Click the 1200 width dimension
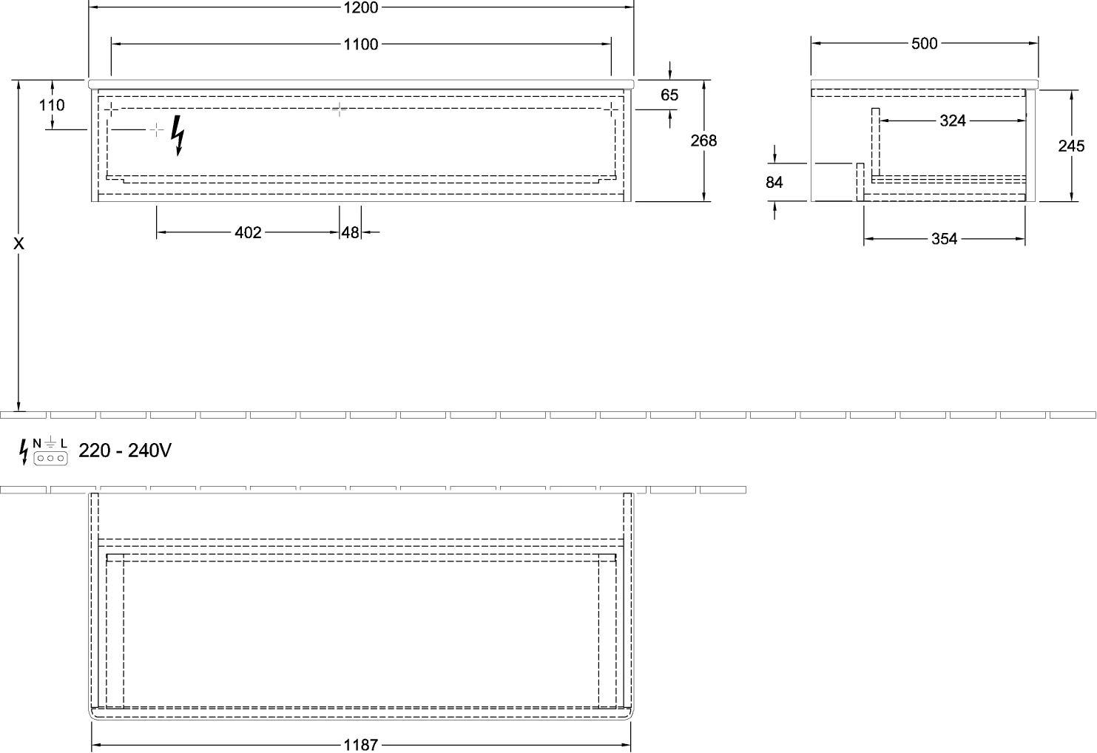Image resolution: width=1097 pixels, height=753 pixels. (x=361, y=8)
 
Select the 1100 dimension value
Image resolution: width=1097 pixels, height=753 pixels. (x=361, y=45)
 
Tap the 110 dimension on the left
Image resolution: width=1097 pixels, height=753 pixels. (x=53, y=106)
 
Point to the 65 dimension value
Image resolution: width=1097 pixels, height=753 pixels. (x=669, y=95)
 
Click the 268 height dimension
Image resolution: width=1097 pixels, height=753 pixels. (x=703, y=140)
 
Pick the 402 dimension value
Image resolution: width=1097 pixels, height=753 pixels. (x=248, y=233)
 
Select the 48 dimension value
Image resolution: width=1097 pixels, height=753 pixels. (x=351, y=233)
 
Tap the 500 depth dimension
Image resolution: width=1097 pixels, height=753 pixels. (x=925, y=44)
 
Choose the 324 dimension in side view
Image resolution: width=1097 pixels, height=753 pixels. (x=952, y=120)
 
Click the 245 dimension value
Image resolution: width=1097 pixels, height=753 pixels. (x=1071, y=146)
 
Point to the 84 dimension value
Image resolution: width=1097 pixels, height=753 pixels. (x=774, y=181)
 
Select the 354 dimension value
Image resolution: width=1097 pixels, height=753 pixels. (x=945, y=239)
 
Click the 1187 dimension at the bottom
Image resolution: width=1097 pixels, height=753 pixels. (x=361, y=744)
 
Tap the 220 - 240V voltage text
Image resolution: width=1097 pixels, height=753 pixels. (x=125, y=450)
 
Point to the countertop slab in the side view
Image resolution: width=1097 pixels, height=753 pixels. (x=925, y=82)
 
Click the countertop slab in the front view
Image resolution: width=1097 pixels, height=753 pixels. (x=361, y=82)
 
